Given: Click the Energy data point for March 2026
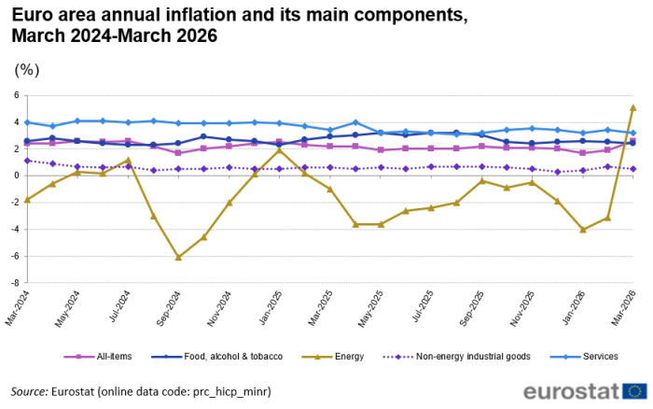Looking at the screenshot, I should tap(633, 107).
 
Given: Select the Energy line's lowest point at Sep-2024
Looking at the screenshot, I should tap(178, 257).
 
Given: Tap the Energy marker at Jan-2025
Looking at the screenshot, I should tap(279, 150).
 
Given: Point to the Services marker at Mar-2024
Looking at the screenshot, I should tap(27, 122).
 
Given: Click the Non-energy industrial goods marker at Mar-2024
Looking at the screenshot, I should tap(27, 161).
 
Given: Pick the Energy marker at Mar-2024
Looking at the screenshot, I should tap(27, 200).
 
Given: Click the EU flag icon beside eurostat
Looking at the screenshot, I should tap(638, 390).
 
